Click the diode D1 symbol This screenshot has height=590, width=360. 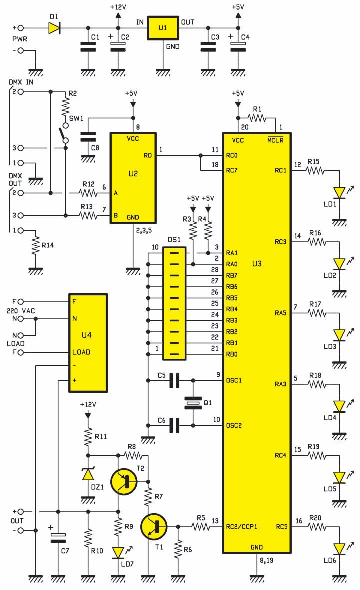(55, 28)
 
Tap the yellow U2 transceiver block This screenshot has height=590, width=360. (133, 178)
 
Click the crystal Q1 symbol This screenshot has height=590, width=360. (193, 403)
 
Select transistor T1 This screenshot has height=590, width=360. (154, 527)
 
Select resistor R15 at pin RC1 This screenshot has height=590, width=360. (315, 171)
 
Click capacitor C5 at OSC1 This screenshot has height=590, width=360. (174, 381)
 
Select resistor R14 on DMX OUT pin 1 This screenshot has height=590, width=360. (35, 246)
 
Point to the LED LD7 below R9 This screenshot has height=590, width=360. (118, 552)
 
